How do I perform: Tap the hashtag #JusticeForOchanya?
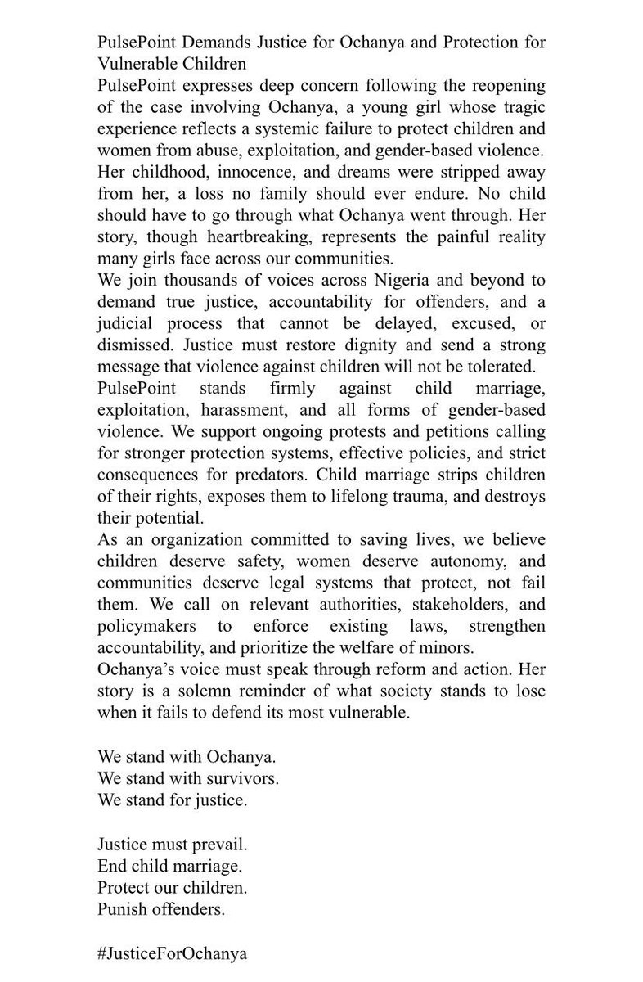172,953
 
